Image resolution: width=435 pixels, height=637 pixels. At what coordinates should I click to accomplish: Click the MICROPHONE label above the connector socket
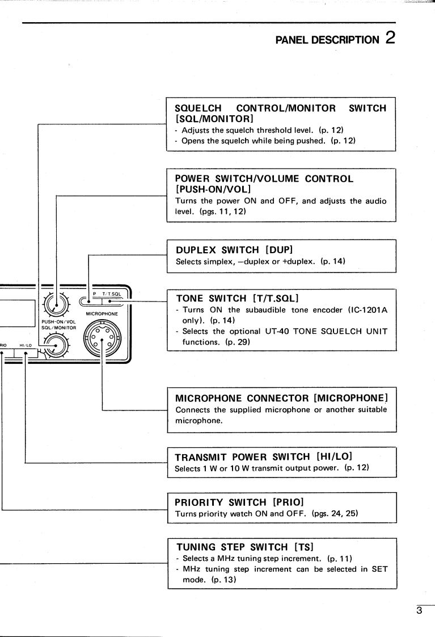(x=102, y=313)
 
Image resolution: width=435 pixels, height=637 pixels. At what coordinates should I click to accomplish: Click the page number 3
(x=420, y=611)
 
